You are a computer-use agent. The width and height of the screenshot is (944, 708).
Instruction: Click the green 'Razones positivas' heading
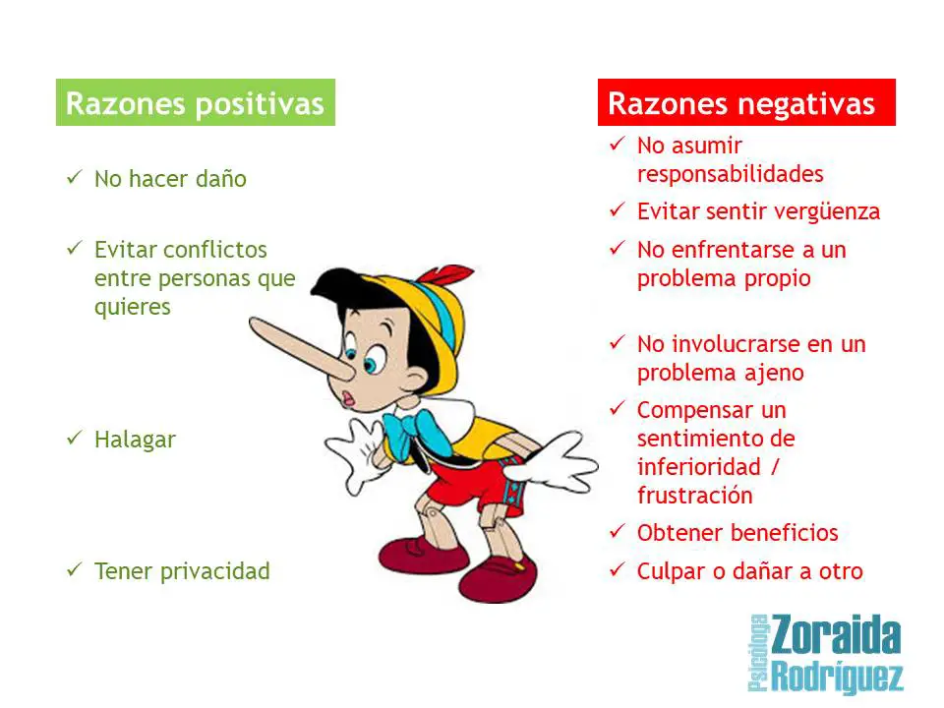click(x=195, y=103)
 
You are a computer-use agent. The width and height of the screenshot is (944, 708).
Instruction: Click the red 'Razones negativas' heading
click(x=741, y=103)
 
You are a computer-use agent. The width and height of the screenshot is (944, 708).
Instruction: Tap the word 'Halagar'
click(x=135, y=440)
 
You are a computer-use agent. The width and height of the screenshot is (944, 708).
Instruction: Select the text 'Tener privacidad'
click(x=182, y=571)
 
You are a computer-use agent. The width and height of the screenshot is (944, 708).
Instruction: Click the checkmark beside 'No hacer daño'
click(x=75, y=178)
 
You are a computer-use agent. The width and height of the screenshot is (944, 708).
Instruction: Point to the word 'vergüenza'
click(x=827, y=212)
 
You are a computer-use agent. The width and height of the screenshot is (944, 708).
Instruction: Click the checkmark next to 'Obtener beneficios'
click(x=618, y=532)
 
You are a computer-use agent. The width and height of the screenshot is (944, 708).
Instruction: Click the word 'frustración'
click(x=695, y=496)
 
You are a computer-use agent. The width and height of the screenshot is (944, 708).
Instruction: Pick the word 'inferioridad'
click(x=699, y=467)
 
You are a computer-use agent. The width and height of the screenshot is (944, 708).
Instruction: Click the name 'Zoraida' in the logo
click(x=836, y=636)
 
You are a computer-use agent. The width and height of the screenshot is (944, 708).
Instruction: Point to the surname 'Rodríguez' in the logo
click(x=838, y=677)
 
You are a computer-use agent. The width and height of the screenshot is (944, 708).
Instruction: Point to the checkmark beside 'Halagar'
click(x=75, y=438)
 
